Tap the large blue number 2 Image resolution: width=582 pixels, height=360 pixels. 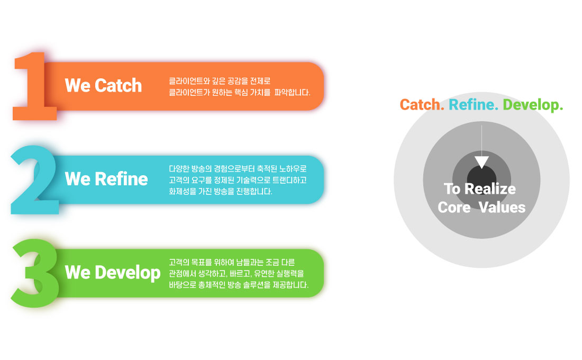(x=34, y=180)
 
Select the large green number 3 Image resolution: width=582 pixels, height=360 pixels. (x=35, y=273)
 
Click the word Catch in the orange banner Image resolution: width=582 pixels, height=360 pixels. (x=118, y=85)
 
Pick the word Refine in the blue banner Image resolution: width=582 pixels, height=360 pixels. (x=121, y=179)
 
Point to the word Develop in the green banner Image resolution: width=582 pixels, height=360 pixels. (x=128, y=273)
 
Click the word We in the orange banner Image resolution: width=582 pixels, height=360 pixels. (x=78, y=85)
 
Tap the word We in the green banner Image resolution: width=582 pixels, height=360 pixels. (x=78, y=272)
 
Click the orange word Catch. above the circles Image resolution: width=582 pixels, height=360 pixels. (x=422, y=105)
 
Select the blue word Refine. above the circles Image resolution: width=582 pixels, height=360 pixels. (x=474, y=105)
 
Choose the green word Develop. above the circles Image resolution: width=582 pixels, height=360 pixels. (x=533, y=105)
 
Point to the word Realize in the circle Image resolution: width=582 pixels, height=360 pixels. (x=490, y=188)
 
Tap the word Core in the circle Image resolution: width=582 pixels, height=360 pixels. (x=454, y=208)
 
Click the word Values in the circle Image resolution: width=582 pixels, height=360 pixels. (x=502, y=208)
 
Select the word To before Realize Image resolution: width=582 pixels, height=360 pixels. (x=452, y=188)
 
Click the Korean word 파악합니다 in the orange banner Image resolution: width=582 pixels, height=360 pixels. (x=292, y=92)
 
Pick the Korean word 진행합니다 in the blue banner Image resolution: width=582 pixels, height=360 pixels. (x=254, y=191)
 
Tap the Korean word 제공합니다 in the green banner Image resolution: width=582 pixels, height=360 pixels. (x=290, y=285)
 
